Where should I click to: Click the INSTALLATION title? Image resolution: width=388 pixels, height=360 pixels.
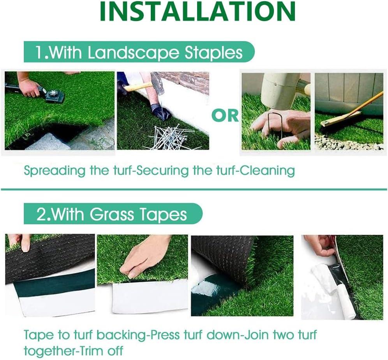pyautogui.click(x=198, y=12)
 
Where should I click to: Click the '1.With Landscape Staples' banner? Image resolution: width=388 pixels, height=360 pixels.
pyautogui.click(x=138, y=52)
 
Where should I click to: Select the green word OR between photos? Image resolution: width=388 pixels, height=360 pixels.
pyautogui.click(x=225, y=115)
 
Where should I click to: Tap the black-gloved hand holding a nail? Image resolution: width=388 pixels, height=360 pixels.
pyautogui.click(x=160, y=112)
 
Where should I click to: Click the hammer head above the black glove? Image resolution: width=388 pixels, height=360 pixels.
pyautogui.click(x=158, y=83)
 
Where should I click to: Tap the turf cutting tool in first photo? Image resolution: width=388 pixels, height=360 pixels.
pyautogui.click(x=53, y=94)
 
